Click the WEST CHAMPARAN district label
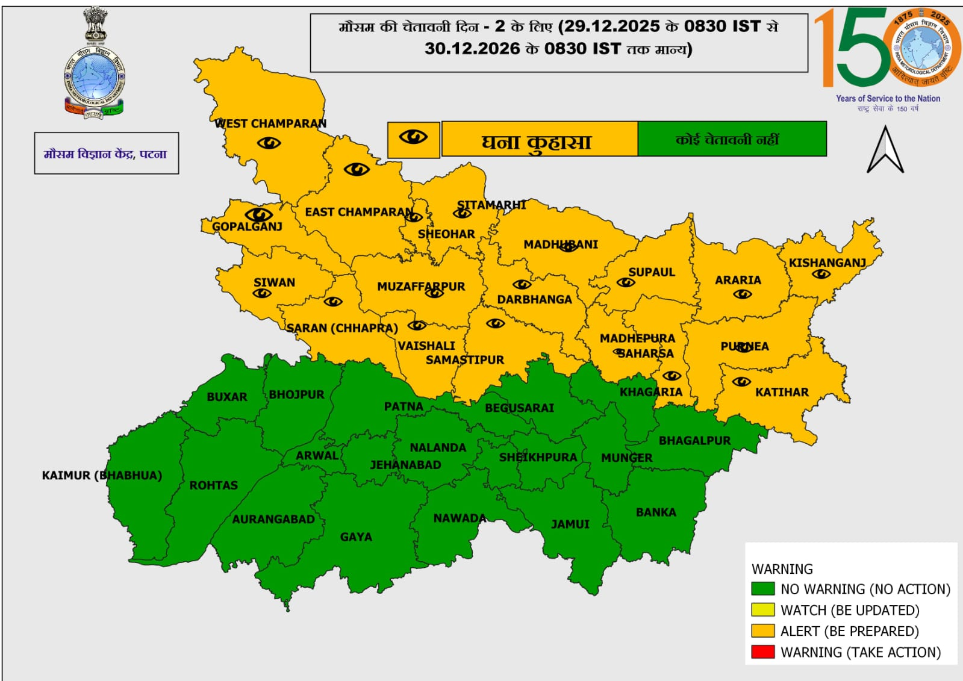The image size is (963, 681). tap(270, 123)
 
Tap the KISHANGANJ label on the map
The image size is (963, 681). tap(827, 263)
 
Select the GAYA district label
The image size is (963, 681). tap(355, 536)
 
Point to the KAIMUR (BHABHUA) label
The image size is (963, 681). tap(102, 475)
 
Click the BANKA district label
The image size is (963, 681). tap(656, 512)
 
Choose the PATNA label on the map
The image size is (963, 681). tap(404, 406)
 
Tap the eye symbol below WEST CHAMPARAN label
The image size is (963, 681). tap(269, 143)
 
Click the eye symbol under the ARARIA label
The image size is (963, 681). tap(742, 294)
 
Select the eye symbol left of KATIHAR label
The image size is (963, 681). tap(741, 382)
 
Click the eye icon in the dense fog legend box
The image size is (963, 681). tap(413, 138)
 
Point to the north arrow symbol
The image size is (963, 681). tap(885, 150)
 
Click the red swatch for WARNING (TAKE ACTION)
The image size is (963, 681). tap(762, 651)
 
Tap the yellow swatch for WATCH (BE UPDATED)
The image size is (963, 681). tap(762, 609)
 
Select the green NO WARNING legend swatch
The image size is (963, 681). tap(762, 588)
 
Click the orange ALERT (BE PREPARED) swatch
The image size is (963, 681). tap(762, 630)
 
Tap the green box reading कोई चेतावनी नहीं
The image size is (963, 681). tap(731, 139)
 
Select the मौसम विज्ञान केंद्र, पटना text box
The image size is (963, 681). tap(106, 154)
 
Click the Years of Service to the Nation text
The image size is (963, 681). tap(888, 99)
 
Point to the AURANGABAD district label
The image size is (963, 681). tap(273, 519)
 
